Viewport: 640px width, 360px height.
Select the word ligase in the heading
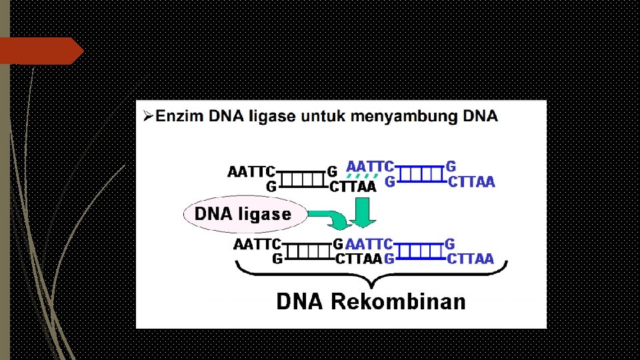pos(271,117)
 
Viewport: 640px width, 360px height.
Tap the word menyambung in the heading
pos(396,117)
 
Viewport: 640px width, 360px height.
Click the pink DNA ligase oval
pos(243,214)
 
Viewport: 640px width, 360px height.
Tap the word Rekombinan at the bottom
pos(398,302)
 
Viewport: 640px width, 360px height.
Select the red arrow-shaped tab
pos(40,51)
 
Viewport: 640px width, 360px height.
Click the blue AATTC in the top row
pos(369,165)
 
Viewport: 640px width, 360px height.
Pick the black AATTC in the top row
pos(251,172)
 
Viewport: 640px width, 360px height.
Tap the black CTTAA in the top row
pos(353,187)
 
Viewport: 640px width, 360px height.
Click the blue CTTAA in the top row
pos(471,181)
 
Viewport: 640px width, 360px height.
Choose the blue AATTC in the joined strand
pos(369,244)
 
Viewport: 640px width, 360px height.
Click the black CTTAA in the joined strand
pos(358,259)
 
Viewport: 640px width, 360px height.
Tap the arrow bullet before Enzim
pos(147,117)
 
